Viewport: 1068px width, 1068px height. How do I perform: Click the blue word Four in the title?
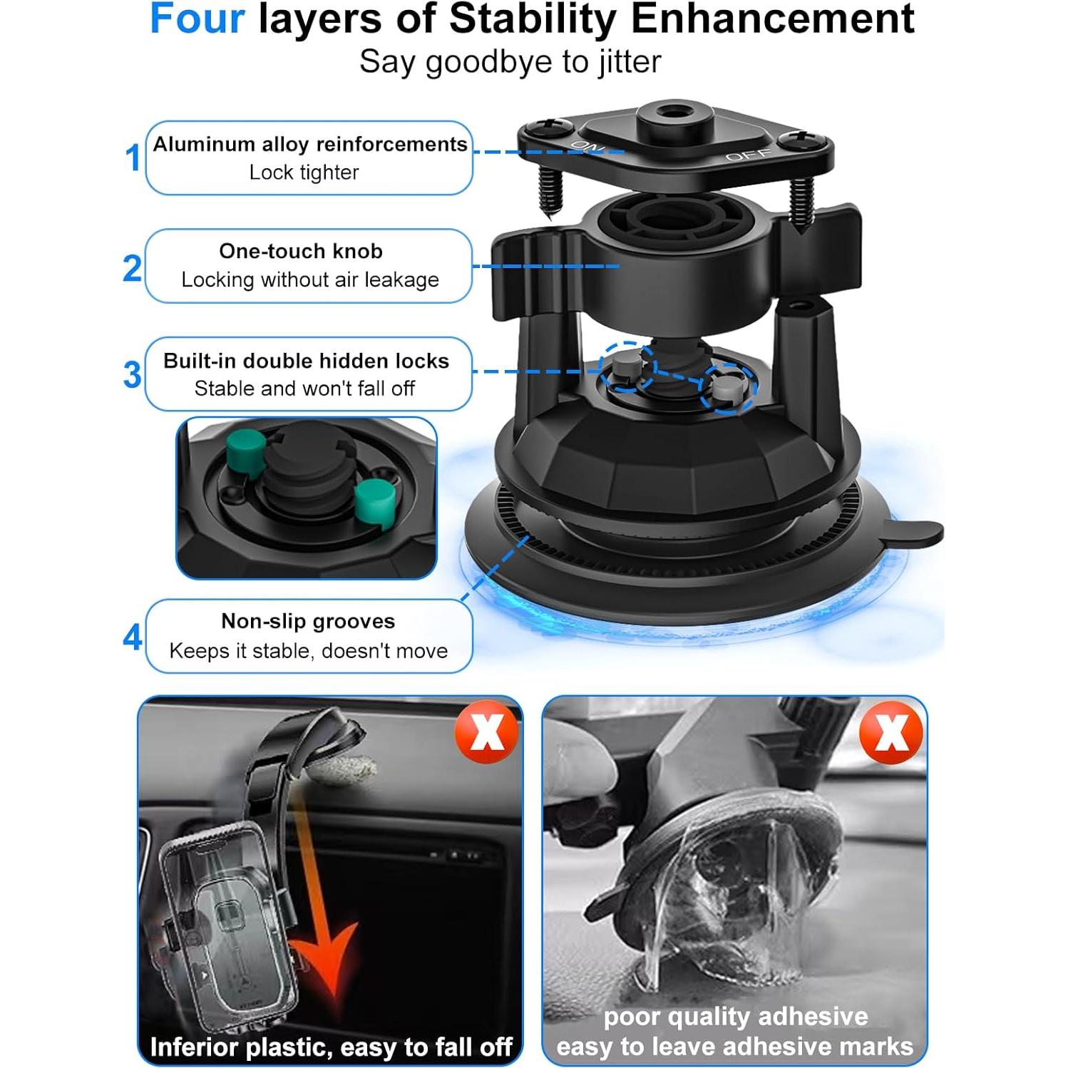pos(197,19)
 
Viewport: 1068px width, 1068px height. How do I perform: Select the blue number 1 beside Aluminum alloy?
pos(133,158)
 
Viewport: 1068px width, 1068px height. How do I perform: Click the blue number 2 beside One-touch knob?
pos(133,268)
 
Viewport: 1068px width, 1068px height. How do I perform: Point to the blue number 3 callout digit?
pos(133,375)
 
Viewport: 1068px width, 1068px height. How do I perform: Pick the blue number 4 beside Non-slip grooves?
pos(133,637)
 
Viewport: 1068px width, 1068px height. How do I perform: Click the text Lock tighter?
pos(304,173)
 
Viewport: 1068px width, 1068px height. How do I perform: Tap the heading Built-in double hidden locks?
pos(306,361)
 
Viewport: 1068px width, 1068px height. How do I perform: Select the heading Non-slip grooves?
pos(308,621)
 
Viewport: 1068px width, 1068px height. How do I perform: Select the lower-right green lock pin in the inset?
pos(374,500)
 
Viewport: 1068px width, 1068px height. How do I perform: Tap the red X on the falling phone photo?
pos(488,731)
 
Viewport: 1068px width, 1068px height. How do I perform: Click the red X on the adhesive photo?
pos(891,731)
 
